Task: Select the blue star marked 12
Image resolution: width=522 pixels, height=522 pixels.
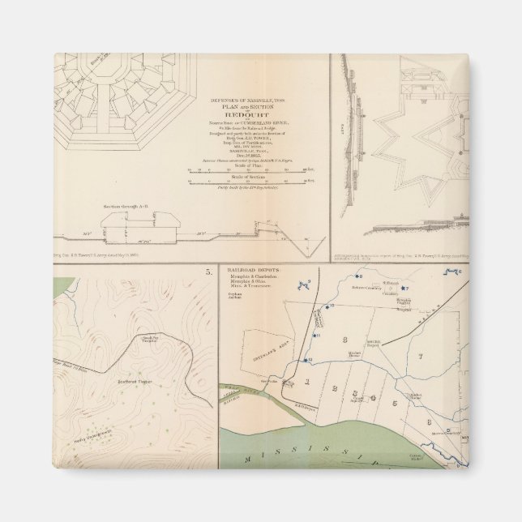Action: (x=307, y=358)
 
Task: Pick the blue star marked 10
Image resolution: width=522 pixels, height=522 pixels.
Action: (x=327, y=306)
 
